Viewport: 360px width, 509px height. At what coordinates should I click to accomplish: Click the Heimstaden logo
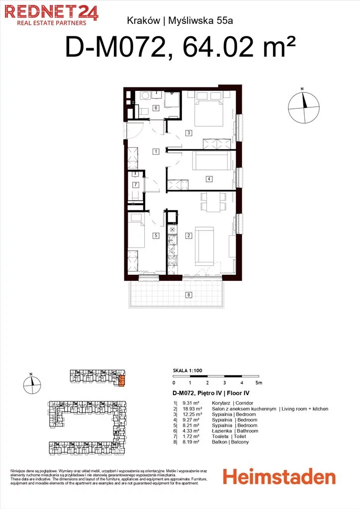click(x=279, y=477)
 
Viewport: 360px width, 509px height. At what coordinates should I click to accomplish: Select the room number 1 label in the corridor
click(x=156, y=151)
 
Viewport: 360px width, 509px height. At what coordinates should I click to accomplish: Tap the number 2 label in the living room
click(x=188, y=235)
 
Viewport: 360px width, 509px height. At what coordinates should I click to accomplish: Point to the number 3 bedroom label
click(x=188, y=132)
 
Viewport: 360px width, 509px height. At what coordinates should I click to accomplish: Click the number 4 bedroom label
click(x=209, y=178)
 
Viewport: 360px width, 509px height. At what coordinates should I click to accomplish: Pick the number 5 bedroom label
click(x=156, y=235)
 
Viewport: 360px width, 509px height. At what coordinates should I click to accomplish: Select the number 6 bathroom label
click(x=156, y=107)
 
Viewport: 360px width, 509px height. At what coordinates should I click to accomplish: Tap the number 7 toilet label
click(x=136, y=185)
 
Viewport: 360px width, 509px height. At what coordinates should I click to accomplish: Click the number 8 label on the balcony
click(x=188, y=295)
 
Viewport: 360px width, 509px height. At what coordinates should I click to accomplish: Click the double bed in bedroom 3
click(x=209, y=109)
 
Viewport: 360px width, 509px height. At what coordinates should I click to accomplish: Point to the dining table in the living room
click(x=213, y=202)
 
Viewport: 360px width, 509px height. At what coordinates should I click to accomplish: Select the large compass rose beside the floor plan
click(x=304, y=107)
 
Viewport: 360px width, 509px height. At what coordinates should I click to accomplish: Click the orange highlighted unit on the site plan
click(x=122, y=380)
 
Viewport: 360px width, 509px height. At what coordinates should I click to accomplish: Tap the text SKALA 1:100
click(x=187, y=370)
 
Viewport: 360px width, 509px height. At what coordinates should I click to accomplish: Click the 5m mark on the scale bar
click(x=259, y=383)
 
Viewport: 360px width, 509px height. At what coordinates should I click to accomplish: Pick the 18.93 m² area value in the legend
click(x=192, y=409)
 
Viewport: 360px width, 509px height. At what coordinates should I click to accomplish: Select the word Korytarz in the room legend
click(x=221, y=403)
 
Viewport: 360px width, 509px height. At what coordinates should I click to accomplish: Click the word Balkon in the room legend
click(x=219, y=442)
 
